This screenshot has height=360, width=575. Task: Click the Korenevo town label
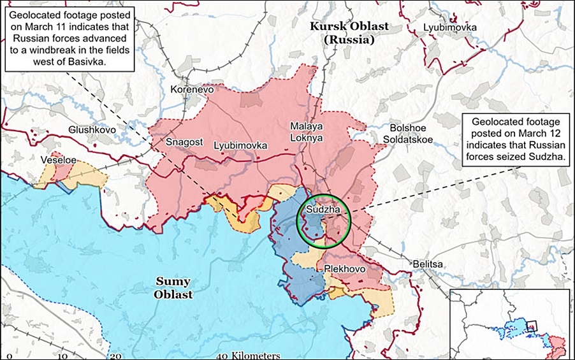click(x=191, y=90)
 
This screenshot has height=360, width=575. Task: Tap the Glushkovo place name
click(x=92, y=129)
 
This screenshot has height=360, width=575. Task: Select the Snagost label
click(x=184, y=143)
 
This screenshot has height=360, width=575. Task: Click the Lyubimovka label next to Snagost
click(x=240, y=146)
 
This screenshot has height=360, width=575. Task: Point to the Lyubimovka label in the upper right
click(x=449, y=27)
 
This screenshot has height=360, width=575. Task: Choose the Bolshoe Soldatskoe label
click(x=409, y=133)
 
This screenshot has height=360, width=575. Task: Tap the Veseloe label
click(x=59, y=160)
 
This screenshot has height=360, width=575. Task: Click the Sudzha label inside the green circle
click(x=323, y=209)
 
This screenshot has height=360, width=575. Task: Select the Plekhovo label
click(x=344, y=269)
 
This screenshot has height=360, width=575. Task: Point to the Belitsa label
click(x=426, y=264)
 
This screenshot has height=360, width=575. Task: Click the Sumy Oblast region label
click(x=173, y=287)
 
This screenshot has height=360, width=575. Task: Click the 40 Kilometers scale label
click(x=248, y=355)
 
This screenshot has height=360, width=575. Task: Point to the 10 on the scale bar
click(x=64, y=356)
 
